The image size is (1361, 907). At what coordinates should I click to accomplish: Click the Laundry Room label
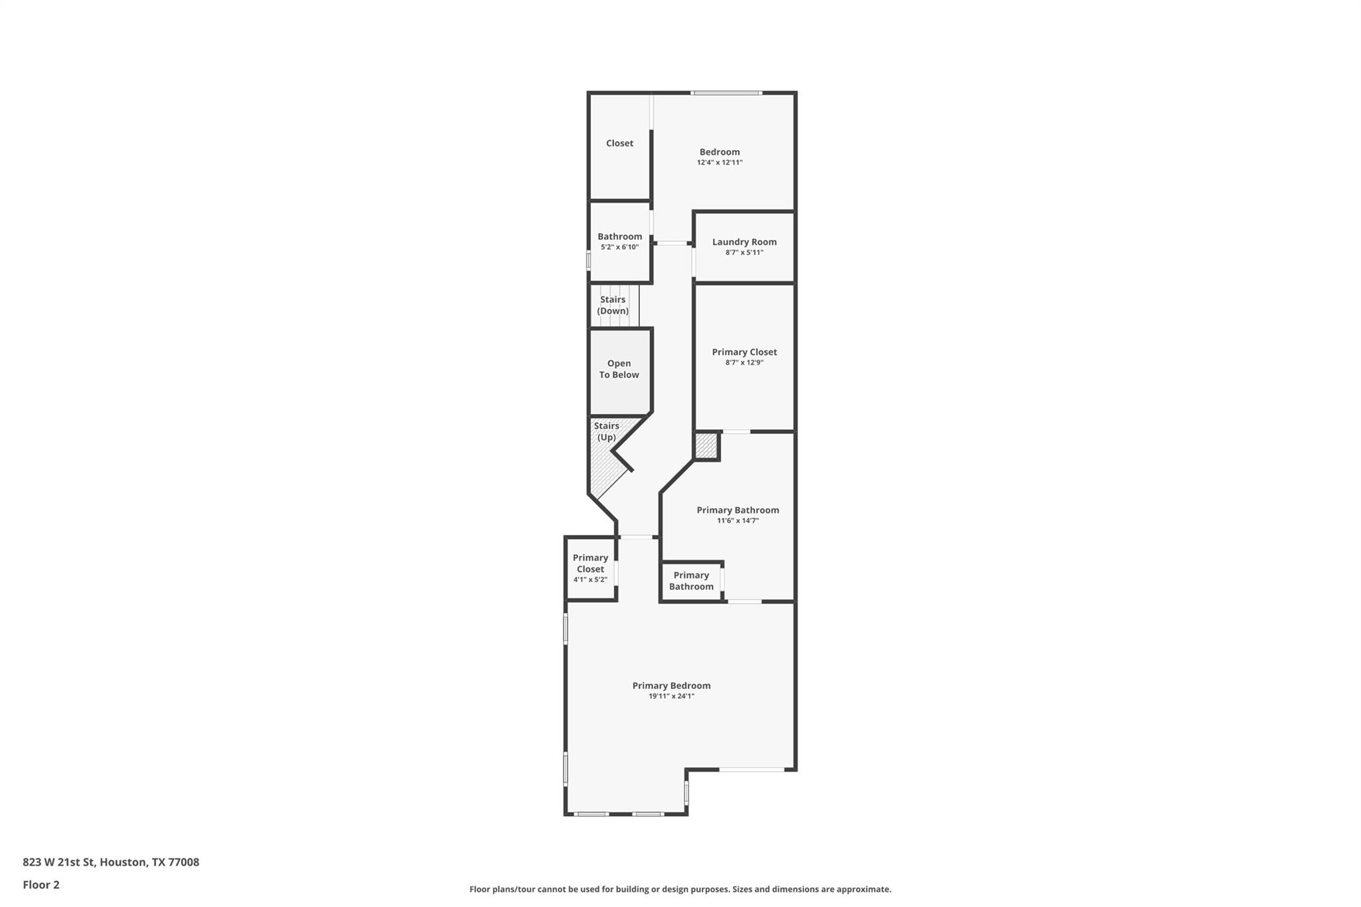[x=744, y=242]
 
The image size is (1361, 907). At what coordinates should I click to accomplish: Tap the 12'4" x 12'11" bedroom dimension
[x=719, y=162]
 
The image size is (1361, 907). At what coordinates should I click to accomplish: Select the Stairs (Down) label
[x=613, y=305]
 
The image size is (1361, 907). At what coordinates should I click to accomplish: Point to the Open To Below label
[x=619, y=369]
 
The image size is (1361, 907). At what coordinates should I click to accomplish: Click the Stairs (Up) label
[x=606, y=431]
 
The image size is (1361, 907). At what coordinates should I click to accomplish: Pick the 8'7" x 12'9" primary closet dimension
[x=744, y=363]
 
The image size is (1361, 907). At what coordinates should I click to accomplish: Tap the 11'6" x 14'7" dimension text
[x=738, y=521]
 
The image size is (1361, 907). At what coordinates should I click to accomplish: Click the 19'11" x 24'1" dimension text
[x=671, y=696]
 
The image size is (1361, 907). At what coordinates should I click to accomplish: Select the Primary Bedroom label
[x=671, y=686]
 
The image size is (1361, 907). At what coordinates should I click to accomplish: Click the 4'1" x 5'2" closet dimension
[x=590, y=579]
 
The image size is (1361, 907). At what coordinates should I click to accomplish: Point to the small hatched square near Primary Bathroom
[x=706, y=446]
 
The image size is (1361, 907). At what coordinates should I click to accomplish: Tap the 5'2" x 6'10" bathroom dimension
[x=619, y=247]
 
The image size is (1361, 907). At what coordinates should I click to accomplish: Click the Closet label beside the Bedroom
[x=619, y=143]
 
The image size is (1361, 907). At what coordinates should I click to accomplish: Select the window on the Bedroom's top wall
[x=726, y=93]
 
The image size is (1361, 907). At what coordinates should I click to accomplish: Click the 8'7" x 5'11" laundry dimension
[x=744, y=252]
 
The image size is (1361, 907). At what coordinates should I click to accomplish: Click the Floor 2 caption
[x=41, y=884]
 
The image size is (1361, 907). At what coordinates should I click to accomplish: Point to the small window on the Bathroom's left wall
[x=588, y=260]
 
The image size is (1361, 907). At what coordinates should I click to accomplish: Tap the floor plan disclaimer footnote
[x=680, y=889]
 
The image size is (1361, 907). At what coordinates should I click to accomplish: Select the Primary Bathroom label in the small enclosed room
[x=691, y=581]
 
